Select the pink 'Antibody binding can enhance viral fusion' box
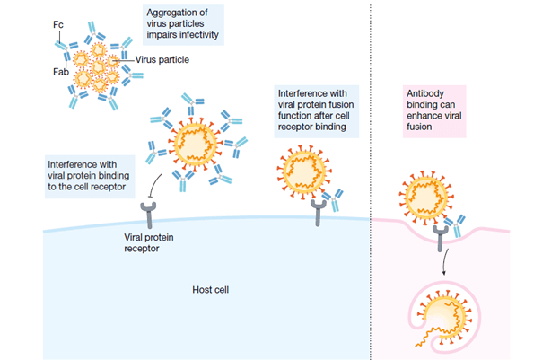click(x=446, y=110)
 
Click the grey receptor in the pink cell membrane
click(x=440, y=236)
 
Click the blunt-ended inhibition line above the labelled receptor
click(x=155, y=187)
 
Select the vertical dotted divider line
click(x=372, y=180)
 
